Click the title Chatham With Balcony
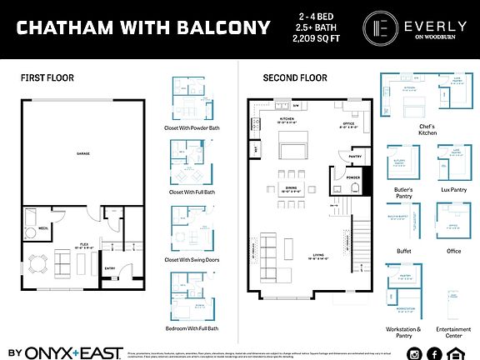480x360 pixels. coord(143,28)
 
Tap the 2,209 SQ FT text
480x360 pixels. coord(320,38)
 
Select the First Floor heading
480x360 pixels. coord(47,77)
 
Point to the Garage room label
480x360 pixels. coord(82,154)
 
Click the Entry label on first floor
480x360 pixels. coord(109,267)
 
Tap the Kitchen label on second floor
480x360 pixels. coord(287,119)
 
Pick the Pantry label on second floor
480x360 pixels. coord(353,155)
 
